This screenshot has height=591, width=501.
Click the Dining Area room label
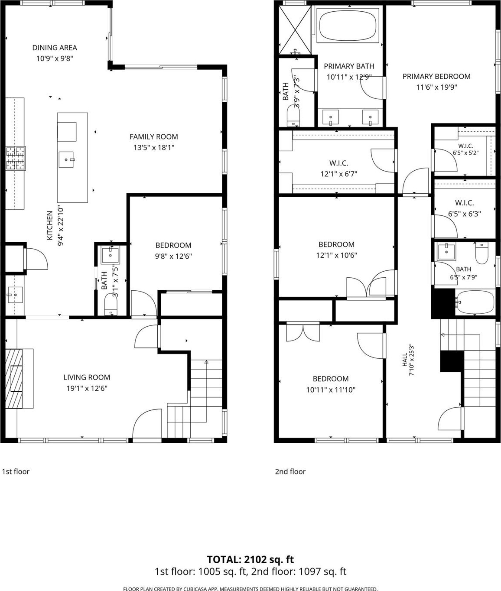click(x=55, y=48)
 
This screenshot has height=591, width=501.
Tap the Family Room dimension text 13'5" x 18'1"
click(x=154, y=148)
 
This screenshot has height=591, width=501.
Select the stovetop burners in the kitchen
click(x=16, y=159)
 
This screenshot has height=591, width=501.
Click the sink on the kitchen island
click(x=67, y=159)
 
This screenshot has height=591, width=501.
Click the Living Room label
click(x=87, y=377)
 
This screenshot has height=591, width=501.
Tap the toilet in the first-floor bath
click(x=111, y=305)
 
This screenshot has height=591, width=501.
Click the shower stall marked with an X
click(x=295, y=30)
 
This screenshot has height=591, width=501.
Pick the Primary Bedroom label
click(x=436, y=76)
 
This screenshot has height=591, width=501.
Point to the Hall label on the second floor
click(x=405, y=360)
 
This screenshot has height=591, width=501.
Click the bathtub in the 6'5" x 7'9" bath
click(x=475, y=302)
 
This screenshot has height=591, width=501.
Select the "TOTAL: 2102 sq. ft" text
click(x=250, y=559)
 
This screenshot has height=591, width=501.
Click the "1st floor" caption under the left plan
click(x=16, y=471)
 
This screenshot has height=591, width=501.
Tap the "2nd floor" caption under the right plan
click(x=290, y=471)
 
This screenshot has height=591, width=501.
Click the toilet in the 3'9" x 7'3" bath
click(x=293, y=116)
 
